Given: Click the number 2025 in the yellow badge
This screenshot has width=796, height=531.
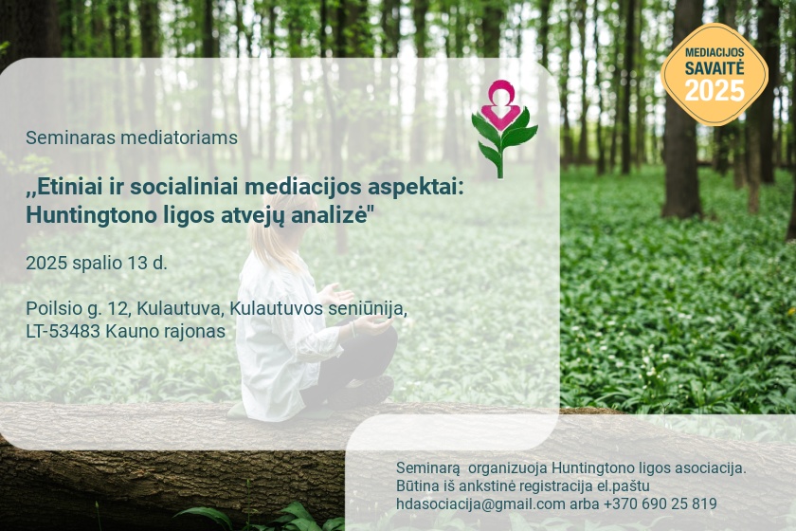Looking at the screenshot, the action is click(x=715, y=90).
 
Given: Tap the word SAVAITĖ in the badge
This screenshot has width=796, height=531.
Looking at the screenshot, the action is click(x=715, y=68).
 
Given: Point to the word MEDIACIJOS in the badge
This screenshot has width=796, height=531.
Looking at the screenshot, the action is click(x=715, y=53).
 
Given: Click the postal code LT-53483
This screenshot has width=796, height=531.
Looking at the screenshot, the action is click(x=63, y=331).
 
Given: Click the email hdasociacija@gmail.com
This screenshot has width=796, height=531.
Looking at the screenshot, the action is click(x=480, y=504).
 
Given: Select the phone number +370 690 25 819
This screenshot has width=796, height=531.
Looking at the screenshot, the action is click(x=660, y=504).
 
